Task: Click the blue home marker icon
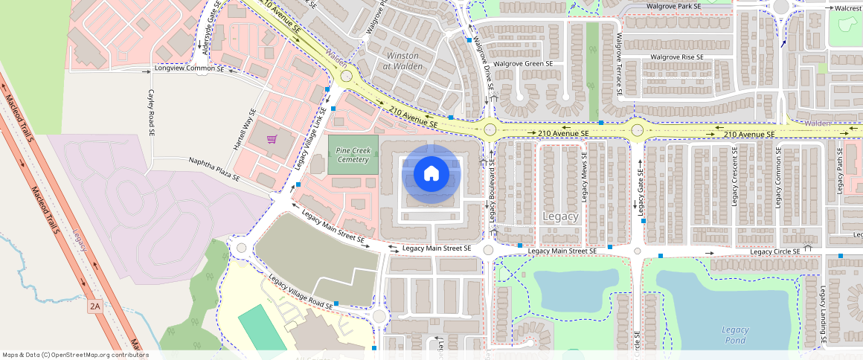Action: (431, 174)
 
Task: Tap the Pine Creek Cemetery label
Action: (353, 155)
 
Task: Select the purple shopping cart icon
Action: (272, 139)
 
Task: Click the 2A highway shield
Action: (94, 306)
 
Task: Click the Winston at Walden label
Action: (402, 61)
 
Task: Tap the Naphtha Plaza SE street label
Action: (214, 170)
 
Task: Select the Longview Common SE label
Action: (189, 68)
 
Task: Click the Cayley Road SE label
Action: (151, 112)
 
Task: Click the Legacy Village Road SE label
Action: (301, 293)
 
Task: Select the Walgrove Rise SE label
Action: (676, 57)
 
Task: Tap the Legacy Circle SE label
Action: (775, 251)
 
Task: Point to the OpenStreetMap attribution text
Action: (75, 355)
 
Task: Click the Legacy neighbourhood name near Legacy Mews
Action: (560, 216)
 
